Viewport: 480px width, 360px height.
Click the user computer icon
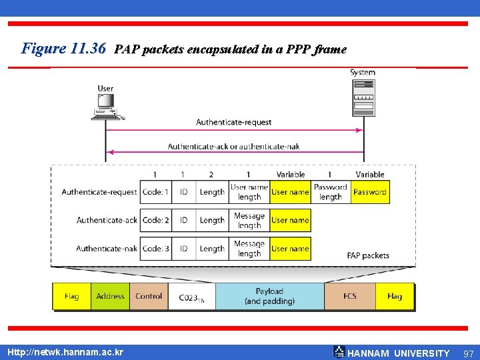pos(106,107)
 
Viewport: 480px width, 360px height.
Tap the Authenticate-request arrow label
pos(234,122)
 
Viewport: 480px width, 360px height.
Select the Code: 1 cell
pos(155,192)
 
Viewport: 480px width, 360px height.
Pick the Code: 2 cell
pos(155,220)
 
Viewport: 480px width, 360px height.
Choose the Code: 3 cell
pos(155,249)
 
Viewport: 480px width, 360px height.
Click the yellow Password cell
pos(370,192)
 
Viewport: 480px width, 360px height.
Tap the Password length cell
pos(331,192)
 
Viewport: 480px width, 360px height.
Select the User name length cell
pos(249,192)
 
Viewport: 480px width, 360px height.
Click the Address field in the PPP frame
pos(111,296)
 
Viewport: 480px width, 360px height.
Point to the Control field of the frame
pos(149,296)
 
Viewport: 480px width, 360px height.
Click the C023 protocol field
pos(191,297)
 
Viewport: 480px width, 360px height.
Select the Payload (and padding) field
pos(269,296)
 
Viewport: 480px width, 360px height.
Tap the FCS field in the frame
pos(350,296)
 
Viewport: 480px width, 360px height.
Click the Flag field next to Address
pos(71,296)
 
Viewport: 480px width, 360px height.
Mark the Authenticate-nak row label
pos(107,249)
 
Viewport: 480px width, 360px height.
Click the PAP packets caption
pos(368,255)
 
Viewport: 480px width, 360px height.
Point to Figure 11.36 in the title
pos(64,49)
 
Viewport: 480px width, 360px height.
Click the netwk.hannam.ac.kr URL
pos(65,351)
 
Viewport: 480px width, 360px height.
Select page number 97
pos(468,353)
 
